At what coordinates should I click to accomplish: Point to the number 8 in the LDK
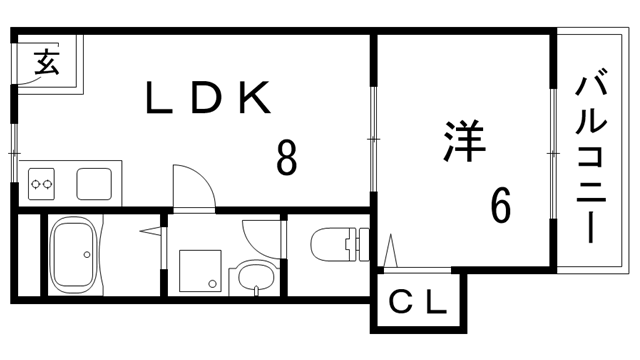coord(286,157)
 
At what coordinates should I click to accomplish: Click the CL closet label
coord(418,302)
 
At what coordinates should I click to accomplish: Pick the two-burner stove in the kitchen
coord(41,184)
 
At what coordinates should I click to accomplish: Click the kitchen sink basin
coord(95,183)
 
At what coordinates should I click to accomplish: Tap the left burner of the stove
coord(34,184)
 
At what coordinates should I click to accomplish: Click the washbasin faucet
coord(256,290)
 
